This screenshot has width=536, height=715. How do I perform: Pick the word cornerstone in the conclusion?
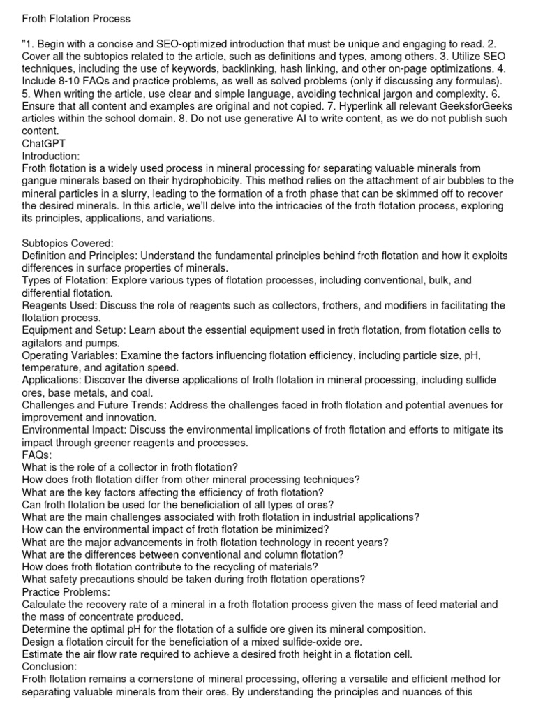click(x=181, y=679)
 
